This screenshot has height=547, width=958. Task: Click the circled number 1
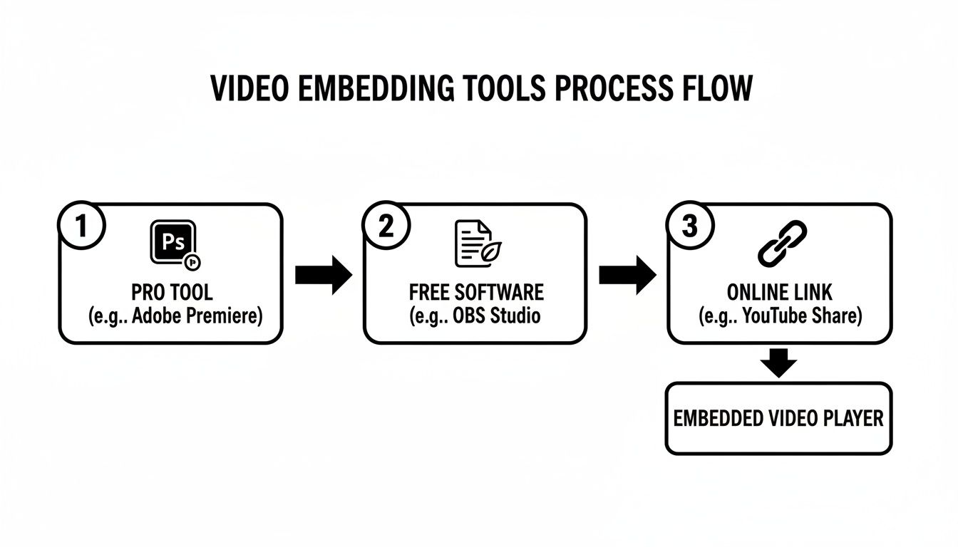coord(81,226)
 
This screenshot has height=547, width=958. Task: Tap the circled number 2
coord(386,226)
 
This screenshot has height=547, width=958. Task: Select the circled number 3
coord(689,226)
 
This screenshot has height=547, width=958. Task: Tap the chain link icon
coord(781,244)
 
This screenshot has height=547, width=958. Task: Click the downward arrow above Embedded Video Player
coord(778,363)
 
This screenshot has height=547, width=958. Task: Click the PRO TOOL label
coord(172,292)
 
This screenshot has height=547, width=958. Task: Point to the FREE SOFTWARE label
coord(476,292)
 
